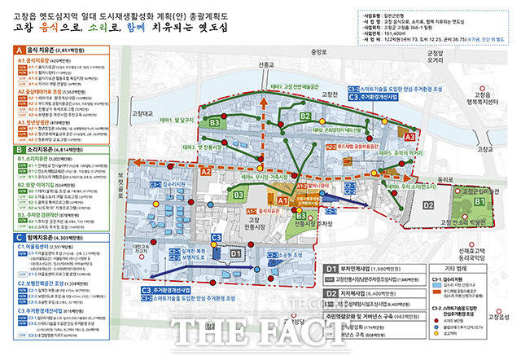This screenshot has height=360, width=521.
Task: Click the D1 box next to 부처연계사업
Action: (x=332, y=268)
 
